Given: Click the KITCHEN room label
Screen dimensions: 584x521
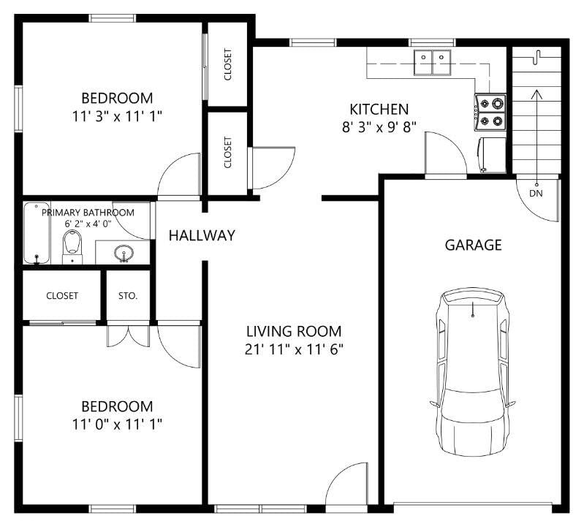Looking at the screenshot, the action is (x=379, y=109).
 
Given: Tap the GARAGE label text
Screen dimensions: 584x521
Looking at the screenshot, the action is (x=474, y=245).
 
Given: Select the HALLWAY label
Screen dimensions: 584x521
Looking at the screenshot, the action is (x=202, y=235).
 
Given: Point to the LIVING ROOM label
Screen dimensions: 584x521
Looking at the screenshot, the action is (x=294, y=331).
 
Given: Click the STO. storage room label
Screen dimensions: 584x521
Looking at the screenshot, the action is (x=128, y=296).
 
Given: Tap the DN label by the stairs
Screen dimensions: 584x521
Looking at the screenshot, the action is (x=536, y=194).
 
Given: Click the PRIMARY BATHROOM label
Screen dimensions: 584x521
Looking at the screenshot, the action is (x=88, y=213).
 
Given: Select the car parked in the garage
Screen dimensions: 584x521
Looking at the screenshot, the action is (x=473, y=372).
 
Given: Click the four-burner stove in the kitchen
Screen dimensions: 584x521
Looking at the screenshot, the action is (x=490, y=112).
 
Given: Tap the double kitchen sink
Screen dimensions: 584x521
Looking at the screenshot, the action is (x=433, y=62).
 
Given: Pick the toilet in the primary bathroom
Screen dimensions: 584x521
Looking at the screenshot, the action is (x=72, y=246).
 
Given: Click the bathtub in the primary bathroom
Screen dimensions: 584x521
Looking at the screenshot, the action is (x=37, y=233).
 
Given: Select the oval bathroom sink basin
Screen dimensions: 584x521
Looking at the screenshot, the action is (x=124, y=254).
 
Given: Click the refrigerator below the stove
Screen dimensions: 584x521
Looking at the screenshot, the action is (x=492, y=155).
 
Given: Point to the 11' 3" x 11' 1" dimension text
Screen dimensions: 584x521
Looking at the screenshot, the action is (x=117, y=117).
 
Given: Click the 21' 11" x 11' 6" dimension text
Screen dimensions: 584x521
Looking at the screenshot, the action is (x=294, y=349).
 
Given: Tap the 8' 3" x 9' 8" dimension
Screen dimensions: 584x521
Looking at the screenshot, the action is (x=379, y=127).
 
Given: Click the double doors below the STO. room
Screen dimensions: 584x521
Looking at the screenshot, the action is (x=129, y=336).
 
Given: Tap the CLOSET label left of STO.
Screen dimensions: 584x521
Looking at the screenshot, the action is (x=62, y=296).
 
